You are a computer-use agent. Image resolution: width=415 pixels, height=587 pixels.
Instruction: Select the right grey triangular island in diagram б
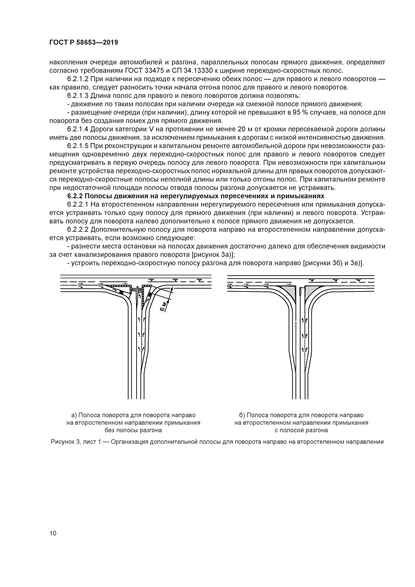(312, 292)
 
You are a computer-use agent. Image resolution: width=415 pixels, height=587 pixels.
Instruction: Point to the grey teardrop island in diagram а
(137, 297)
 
